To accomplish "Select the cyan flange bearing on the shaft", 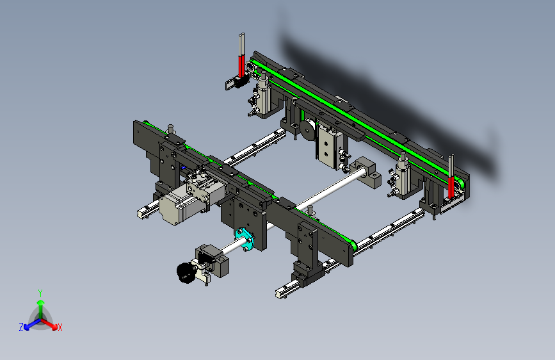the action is click(x=245, y=239).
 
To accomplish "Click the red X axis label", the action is click(x=60, y=328).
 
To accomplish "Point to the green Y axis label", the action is click(x=40, y=293).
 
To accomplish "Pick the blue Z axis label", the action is click(x=21, y=327).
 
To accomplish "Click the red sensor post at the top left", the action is click(x=241, y=65).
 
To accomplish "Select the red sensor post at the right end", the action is click(x=451, y=187).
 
